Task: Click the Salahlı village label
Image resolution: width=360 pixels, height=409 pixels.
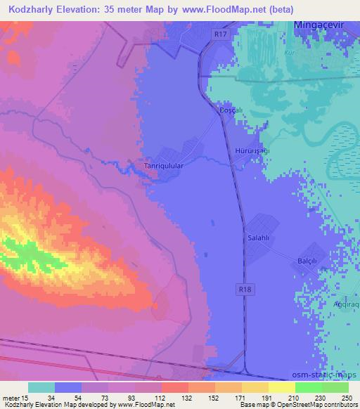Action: (258, 238)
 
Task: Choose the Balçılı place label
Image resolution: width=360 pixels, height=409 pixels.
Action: (309, 259)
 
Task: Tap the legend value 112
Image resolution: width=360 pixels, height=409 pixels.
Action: (160, 398)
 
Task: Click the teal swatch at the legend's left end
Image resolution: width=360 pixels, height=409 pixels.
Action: (41, 387)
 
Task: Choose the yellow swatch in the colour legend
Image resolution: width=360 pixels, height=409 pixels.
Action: (281, 387)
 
